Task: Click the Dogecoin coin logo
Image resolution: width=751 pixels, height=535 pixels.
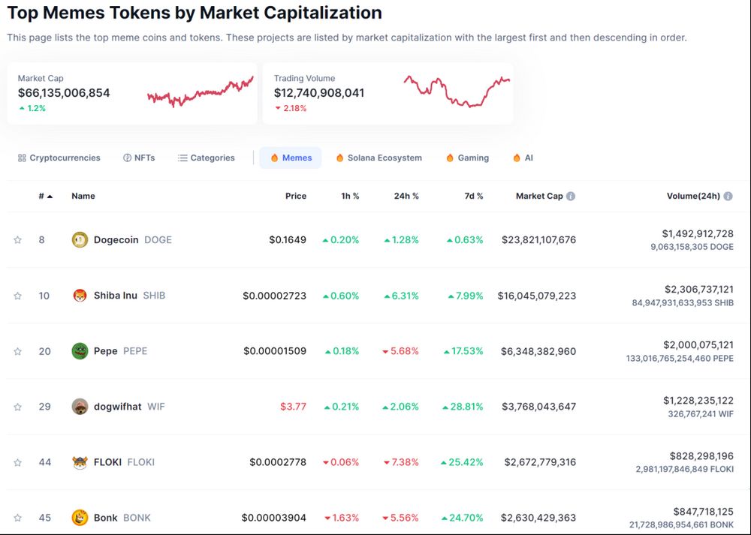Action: pyautogui.click(x=80, y=240)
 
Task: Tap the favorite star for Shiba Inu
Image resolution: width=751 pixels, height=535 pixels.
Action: pyautogui.click(x=17, y=296)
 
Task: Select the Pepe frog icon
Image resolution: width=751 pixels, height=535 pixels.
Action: pyautogui.click(x=80, y=351)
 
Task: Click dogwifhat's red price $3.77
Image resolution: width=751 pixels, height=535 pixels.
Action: pyautogui.click(x=293, y=407)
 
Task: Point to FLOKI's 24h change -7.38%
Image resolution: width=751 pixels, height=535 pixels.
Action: pyautogui.click(x=400, y=462)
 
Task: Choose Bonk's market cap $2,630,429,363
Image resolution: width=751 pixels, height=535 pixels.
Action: pyautogui.click(x=538, y=518)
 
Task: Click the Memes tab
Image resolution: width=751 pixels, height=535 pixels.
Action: pyautogui.click(x=291, y=158)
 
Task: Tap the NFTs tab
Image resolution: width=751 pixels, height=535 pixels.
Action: pyautogui.click(x=139, y=158)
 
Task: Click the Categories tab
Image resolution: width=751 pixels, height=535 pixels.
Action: pyautogui.click(x=207, y=158)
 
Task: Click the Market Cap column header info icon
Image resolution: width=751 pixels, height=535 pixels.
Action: pyautogui.click(x=571, y=197)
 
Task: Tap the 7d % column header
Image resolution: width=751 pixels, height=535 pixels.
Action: pyautogui.click(x=474, y=197)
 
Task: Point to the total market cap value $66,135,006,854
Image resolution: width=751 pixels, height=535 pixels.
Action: pyautogui.click(x=64, y=93)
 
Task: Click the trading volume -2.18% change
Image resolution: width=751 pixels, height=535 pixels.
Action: pyautogui.click(x=291, y=108)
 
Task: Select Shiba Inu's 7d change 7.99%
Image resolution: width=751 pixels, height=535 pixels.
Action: pyautogui.click(x=466, y=296)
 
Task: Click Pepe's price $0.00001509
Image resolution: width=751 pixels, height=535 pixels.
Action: pyautogui.click(x=275, y=351)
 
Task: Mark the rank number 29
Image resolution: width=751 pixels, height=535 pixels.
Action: pyautogui.click(x=45, y=407)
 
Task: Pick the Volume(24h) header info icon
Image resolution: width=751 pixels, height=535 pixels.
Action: pyautogui.click(x=728, y=197)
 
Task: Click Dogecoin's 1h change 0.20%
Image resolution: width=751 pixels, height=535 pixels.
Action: pyautogui.click(x=340, y=240)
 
